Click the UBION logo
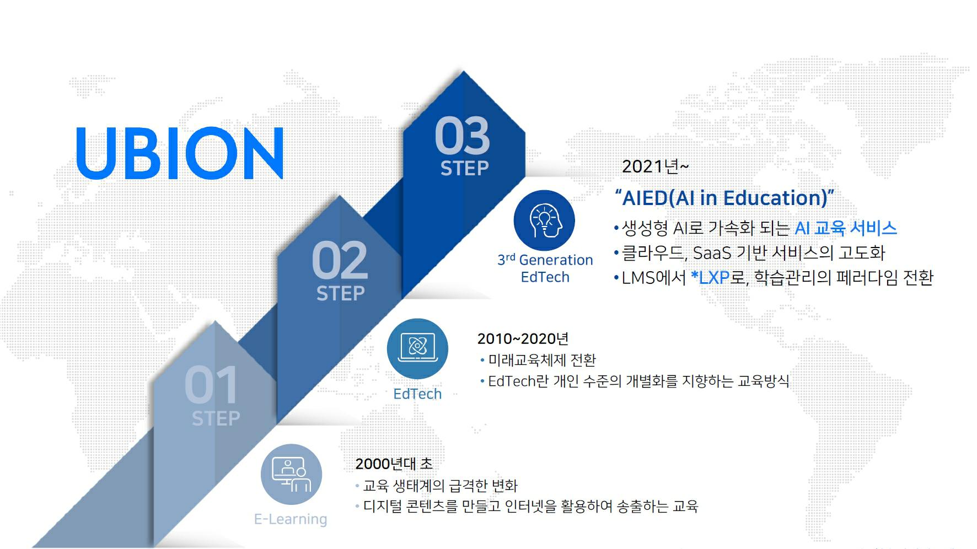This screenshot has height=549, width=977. [180, 153]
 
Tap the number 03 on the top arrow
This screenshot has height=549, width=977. [462, 136]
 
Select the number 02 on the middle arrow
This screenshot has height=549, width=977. [339, 261]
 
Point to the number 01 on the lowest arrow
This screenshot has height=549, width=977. [211, 385]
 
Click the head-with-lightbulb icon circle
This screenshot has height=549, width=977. [544, 220]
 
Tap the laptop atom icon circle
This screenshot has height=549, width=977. [417, 348]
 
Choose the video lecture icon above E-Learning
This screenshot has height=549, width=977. [291, 475]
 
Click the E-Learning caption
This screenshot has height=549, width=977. [291, 519]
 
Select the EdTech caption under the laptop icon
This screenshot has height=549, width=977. [417, 394]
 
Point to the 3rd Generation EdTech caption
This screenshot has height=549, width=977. [545, 268]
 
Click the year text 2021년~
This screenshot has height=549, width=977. [655, 166]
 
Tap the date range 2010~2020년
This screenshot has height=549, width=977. [523, 338]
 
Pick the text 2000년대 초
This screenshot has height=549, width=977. [394, 464]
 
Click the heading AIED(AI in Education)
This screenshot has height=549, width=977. [724, 198]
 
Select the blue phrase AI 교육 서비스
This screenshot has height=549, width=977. [846, 228]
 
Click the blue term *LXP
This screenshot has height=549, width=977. [710, 277]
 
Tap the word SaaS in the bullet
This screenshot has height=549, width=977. [712, 253]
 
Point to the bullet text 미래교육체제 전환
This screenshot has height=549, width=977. [542, 360]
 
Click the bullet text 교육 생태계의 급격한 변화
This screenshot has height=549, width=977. [440, 486]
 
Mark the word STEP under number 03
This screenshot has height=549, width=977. [464, 168]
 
